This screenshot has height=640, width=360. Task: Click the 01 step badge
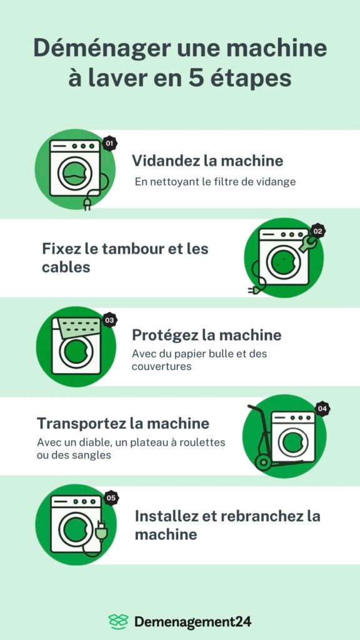tap(109, 143)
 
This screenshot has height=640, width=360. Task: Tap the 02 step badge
tap(318, 231)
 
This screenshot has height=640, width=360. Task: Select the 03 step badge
tap(109, 320)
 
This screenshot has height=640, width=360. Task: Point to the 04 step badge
tap(322, 409)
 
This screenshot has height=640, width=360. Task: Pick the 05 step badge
tap(111, 498)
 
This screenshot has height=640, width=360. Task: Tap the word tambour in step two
tap(132, 249)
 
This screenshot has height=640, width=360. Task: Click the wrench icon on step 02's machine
tap(307, 244)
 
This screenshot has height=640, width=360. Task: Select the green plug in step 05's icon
tap(100, 531)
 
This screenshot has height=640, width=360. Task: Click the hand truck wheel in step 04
tap(263, 463)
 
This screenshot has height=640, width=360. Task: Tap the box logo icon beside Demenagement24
tap(118, 621)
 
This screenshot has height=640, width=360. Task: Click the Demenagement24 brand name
tap(192, 622)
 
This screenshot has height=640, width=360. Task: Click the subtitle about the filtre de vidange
tap(215, 182)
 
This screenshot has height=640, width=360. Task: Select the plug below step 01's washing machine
tap(87, 204)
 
